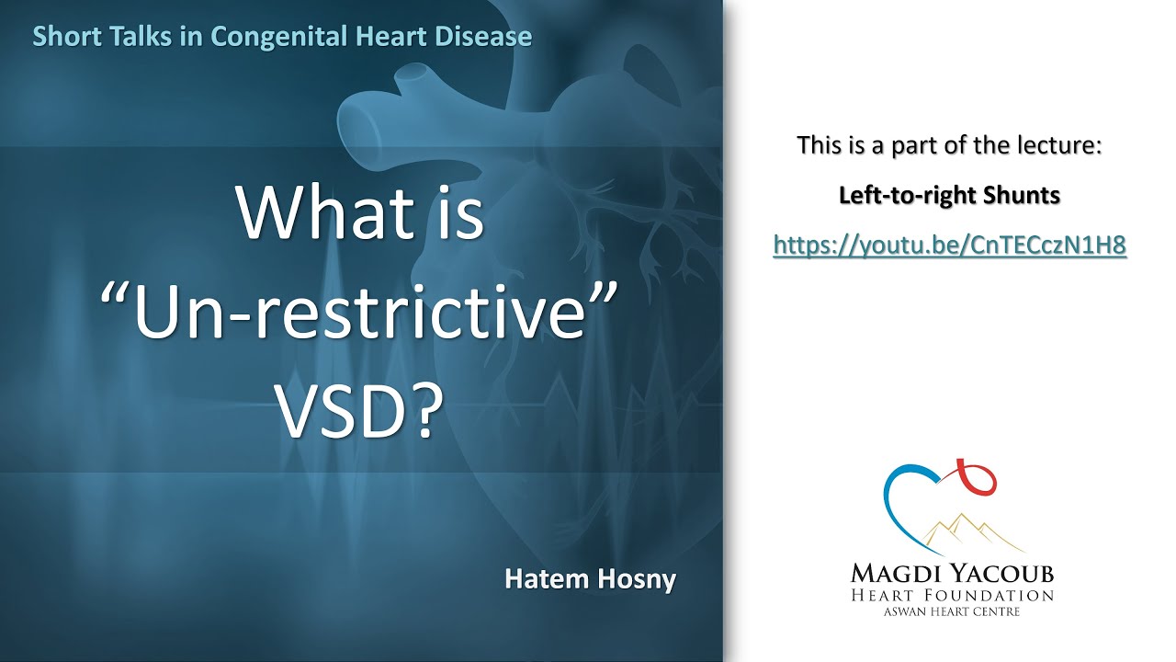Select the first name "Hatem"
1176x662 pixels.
point(543,579)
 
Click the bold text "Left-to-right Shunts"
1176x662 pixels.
point(950,195)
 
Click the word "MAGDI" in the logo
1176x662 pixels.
point(896,575)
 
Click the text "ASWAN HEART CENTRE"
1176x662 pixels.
point(951,611)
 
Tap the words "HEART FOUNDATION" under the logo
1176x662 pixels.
point(951,596)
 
